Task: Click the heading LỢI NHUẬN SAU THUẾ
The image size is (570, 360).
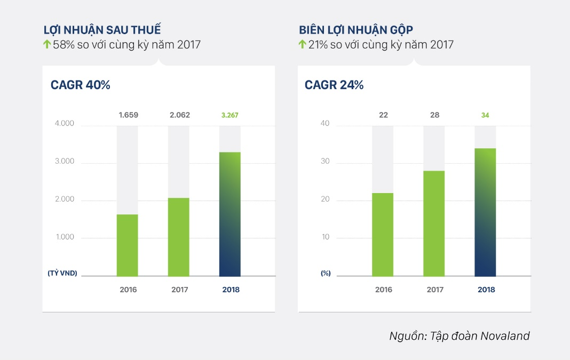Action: pos(102,29)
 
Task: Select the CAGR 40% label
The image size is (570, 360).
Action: pos(80,85)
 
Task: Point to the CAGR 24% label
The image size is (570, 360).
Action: pos(334,85)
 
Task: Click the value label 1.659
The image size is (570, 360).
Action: pos(128,115)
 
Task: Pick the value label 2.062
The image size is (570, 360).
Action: pos(179,115)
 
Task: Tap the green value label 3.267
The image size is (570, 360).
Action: pos(230,115)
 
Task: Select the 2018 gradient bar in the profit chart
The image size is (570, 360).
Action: pos(230,214)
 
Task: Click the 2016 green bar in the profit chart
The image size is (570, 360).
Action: pos(128,245)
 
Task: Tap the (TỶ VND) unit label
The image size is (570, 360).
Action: pos(62,273)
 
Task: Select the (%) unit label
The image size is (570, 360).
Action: pos(326,273)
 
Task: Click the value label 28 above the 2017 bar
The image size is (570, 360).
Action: pos(434,115)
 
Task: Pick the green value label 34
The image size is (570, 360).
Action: pos(485,115)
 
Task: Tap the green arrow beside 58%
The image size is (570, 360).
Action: pos(47,45)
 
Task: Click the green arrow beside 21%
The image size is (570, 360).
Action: pos(302,45)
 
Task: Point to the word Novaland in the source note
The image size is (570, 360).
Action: pos(505,336)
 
